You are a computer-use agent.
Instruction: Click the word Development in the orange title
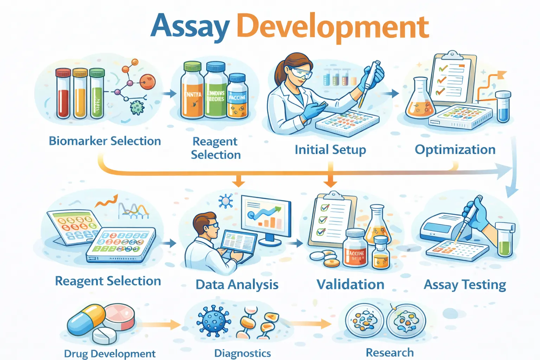point(333,27)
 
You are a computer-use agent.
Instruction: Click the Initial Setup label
point(330,150)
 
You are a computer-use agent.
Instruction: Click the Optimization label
point(455,150)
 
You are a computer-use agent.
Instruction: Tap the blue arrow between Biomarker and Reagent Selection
point(170,94)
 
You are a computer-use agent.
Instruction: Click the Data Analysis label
point(237,284)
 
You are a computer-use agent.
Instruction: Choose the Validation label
point(350,284)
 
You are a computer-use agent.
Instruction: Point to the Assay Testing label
point(465,284)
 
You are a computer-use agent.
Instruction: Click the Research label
point(390,352)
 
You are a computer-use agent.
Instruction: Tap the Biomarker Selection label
point(105,141)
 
